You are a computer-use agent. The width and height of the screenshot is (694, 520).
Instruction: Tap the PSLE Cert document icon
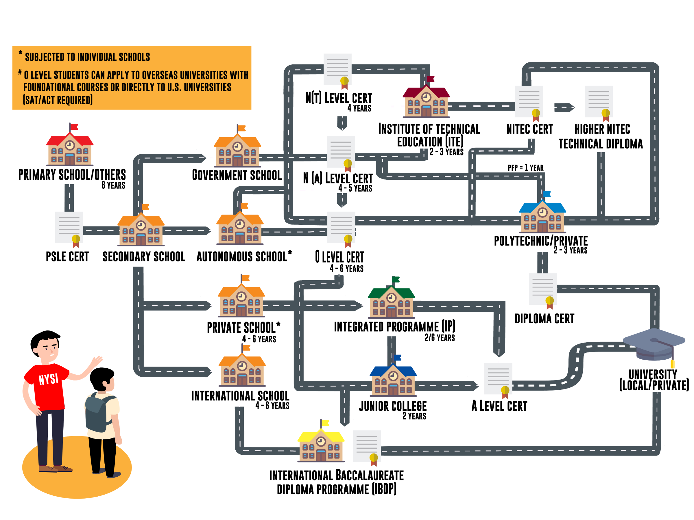click(69, 227)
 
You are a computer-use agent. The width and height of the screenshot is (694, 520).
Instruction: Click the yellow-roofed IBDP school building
click(321, 445)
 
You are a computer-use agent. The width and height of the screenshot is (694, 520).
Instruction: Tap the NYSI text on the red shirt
click(48, 379)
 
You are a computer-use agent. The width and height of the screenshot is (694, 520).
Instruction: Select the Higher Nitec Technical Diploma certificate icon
click(599, 102)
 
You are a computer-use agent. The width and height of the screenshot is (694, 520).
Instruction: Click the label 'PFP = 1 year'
click(525, 168)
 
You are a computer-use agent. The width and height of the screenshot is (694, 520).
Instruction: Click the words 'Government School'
click(237, 175)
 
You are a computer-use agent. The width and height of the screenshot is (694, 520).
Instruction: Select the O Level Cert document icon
click(341, 228)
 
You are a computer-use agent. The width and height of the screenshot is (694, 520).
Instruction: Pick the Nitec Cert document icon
click(529, 102)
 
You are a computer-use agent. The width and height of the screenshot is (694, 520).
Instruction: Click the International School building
click(242, 370)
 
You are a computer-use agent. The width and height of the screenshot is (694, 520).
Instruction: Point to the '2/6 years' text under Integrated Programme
click(440, 338)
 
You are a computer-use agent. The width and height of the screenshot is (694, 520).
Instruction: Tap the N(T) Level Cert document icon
click(337, 69)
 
